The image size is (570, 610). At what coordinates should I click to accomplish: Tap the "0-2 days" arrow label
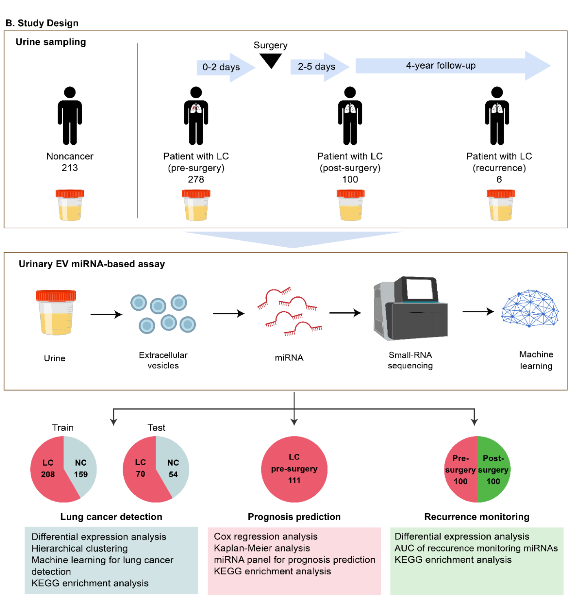coord(221,67)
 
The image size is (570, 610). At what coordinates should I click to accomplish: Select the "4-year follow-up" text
coord(441,65)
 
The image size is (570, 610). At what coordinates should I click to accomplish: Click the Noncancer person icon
coord(70,115)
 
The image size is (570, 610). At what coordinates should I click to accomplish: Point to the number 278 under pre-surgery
coord(196,179)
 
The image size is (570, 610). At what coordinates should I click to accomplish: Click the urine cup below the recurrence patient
coord(500,205)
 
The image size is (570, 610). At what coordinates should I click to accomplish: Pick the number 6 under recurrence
coord(499,179)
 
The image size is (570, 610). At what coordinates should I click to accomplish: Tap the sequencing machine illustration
coord(410,309)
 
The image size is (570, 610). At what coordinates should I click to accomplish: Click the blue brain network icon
coord(530,308)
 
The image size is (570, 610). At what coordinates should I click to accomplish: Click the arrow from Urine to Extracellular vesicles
coord(106,314)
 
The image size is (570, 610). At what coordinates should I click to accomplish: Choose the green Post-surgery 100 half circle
coord(493,470)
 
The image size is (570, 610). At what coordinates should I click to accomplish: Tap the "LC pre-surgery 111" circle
coord(294,469)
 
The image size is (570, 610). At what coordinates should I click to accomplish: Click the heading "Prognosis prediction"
coord(294,517)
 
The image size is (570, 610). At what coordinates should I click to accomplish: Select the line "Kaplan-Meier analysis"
coord(262,548)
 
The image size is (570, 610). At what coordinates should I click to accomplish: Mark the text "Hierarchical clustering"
coord(79,549)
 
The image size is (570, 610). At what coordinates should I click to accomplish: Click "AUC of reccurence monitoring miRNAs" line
coord(476,548)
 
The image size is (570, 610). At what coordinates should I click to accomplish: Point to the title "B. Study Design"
coord(42,23)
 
